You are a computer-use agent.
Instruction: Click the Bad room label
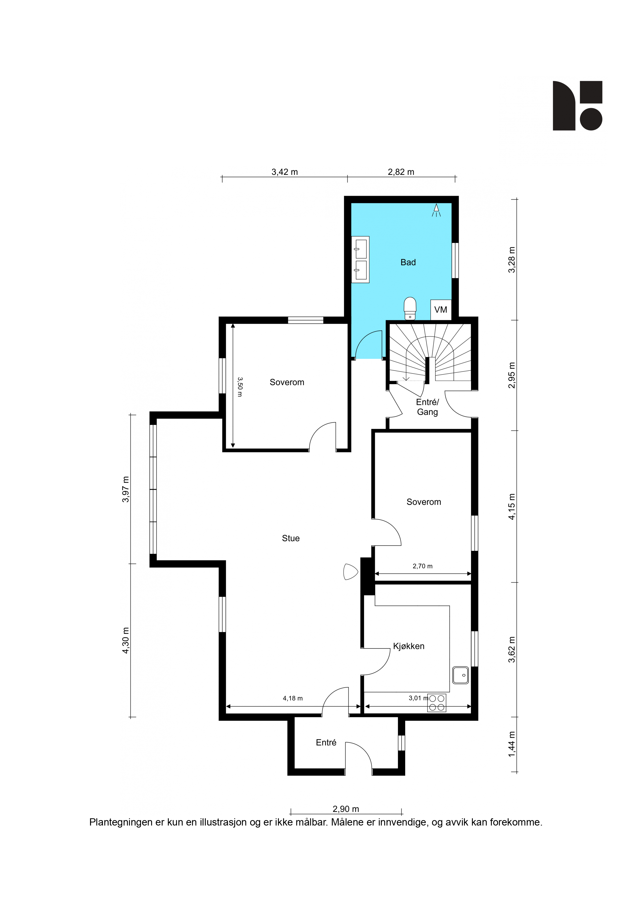coord(408,262)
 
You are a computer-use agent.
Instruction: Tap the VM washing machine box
coord(441,310)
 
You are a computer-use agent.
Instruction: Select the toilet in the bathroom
coord(410,308)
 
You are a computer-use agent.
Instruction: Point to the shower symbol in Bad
coord(436,210)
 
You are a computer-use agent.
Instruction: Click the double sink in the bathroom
coord(360,259)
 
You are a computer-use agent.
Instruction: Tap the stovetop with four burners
coord(437,703)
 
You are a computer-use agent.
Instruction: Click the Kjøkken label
coord(409,646)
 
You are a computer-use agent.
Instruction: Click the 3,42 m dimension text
coord(285,172)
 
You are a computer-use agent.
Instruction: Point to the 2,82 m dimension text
coord(401,172)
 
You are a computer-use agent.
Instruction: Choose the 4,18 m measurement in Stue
coord(293,699)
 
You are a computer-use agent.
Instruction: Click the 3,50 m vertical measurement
coord(240,387)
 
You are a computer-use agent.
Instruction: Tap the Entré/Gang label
coord(427,407)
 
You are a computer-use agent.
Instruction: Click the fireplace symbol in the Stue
coord(350,572)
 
